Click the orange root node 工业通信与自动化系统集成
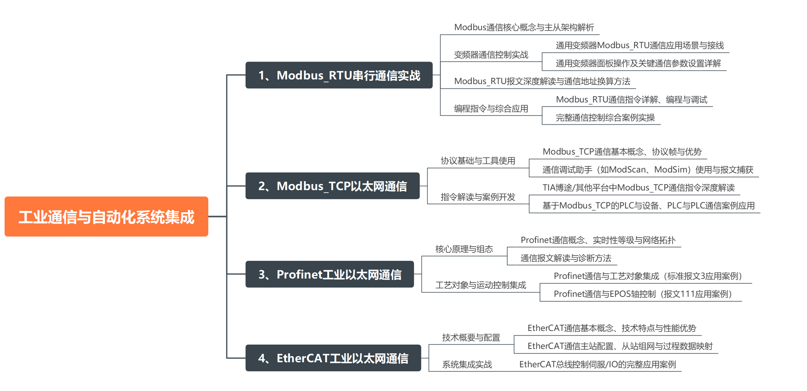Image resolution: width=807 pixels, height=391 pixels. [106, 217]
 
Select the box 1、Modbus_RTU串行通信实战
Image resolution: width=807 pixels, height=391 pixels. [339, 75]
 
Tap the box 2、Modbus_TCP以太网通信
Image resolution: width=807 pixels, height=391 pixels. [332, 186]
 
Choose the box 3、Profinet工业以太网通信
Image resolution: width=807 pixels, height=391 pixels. [329, 275]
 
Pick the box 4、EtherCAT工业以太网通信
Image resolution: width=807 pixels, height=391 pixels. [333, 358]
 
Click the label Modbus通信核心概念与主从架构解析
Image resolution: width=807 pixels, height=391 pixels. [524, 28]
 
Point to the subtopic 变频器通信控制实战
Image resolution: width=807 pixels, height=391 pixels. [491, 55]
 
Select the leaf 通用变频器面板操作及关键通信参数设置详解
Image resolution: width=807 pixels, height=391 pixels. [638, 64]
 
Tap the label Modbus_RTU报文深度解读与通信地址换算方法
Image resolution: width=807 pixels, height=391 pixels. [542, 82]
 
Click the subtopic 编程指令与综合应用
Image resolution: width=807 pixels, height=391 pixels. [491, 109]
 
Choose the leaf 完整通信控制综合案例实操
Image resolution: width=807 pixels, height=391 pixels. [605, 118]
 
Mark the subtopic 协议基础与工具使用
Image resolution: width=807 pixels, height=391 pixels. [478, 161]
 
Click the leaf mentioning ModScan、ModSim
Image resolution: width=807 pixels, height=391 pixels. [647, 170]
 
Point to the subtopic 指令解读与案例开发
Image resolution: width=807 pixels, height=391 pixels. [478, 197]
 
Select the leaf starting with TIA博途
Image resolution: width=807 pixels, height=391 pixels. [638, 188]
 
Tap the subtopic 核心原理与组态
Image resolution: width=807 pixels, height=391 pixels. [464, 249]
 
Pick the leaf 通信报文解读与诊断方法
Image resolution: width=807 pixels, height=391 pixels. [566, 258]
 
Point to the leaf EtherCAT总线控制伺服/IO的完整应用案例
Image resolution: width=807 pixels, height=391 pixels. [597, 365]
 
